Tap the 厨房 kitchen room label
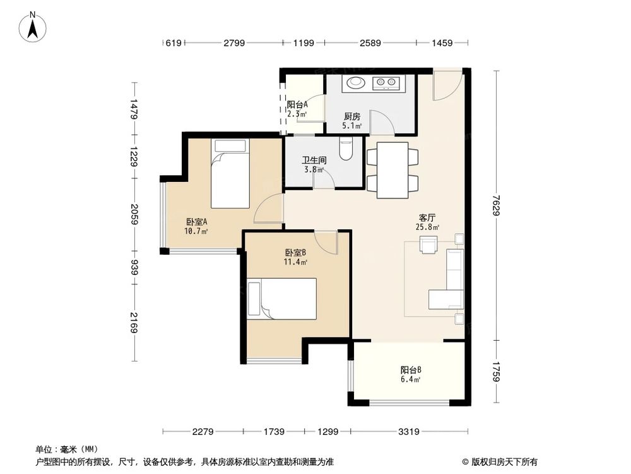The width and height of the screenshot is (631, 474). (x=352, y=116)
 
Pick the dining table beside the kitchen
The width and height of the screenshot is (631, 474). (x=392, y=169)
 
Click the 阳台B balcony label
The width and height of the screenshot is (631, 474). (x=411, y=370)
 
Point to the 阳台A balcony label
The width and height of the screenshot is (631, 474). (x=297, y=105)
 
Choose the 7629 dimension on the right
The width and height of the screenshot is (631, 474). (x=497, y=206)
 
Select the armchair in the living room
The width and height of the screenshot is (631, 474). (x=429, y=244)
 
